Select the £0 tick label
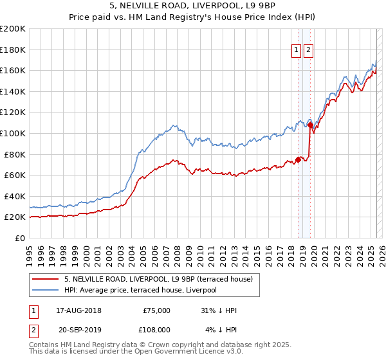tap(21, 238)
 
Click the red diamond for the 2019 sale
tap(311, 125)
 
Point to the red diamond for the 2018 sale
tap(299, 159)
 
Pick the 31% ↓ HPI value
tap(218, 310)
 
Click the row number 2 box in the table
tap(33, 329)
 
